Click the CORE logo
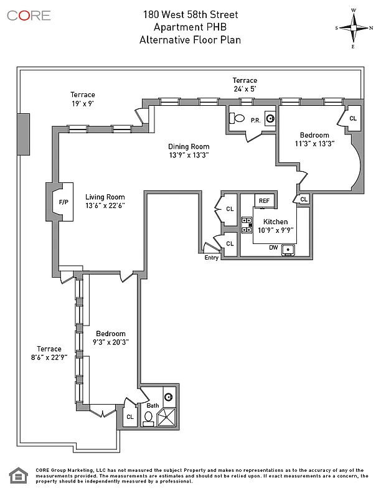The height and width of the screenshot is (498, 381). (29, 16)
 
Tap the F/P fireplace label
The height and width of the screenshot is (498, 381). (63, 202)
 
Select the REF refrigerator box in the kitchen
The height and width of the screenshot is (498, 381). (264, 200)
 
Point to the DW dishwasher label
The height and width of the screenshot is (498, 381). (273, 248)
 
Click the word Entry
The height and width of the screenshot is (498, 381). (212, 258)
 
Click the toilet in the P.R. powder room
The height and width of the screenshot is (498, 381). (239, 118)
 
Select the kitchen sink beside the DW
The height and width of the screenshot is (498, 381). (289, 250)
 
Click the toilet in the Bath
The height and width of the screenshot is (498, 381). (149, 418)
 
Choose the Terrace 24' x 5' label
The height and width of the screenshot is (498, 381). (245, 85)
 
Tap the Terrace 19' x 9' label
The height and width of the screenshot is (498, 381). (82, 99)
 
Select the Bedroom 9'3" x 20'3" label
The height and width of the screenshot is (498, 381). (111, 338)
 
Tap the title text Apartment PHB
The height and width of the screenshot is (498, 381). (190, 27)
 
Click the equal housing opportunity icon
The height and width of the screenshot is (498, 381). (18, 476)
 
